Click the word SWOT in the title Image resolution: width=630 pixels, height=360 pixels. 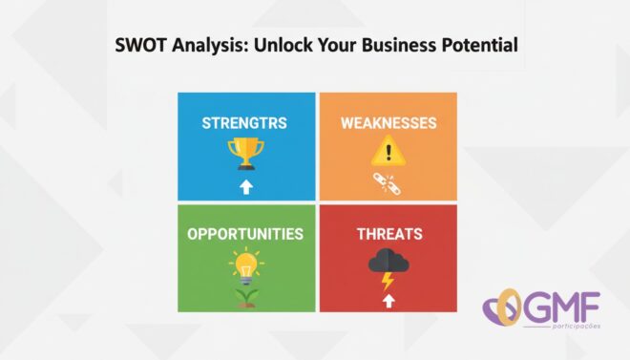point(140,45)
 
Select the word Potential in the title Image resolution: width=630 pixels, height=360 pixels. point(480,45)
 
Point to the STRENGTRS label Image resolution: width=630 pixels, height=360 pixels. point(244,123)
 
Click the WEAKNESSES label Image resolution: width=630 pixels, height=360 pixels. point(388,123)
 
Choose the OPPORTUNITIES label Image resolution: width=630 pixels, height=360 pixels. point(245,234)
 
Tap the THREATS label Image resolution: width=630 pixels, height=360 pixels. point(389,234)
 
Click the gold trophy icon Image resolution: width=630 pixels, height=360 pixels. point(246,154)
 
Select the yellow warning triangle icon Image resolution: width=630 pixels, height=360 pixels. point(388,151)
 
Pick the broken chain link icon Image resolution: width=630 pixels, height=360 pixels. point(387,184)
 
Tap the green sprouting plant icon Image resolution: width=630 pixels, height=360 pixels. point(246,297)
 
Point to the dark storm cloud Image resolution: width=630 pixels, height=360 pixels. point(388,261)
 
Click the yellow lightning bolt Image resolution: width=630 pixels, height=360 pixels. point(388,281)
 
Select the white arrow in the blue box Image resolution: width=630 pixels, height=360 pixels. point(246,187)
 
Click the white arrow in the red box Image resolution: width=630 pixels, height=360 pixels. point(388,301)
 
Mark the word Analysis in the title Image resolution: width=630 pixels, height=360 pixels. point(210,45)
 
